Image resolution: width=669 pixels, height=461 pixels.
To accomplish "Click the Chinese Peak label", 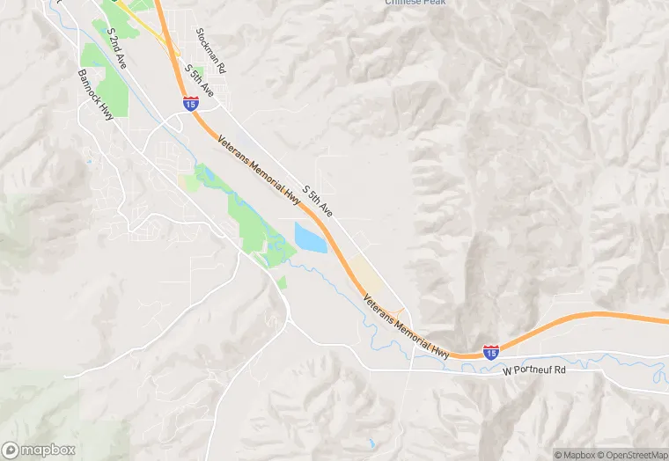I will point(415,3).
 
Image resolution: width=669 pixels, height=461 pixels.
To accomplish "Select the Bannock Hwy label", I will point(95,94).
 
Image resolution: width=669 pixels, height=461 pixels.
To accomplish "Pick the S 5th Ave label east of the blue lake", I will point(317,201).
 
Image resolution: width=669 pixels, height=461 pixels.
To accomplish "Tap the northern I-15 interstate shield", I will point(190,104).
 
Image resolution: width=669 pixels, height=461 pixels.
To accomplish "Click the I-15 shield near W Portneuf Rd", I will point(491,351).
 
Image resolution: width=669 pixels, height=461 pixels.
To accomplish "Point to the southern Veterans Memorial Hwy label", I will point(407,326).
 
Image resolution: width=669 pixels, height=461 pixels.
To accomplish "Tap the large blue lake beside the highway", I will point(311,238).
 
